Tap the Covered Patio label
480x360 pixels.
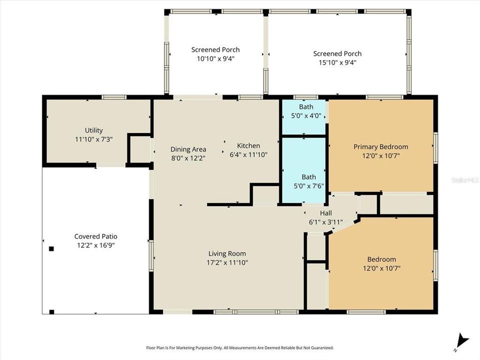[x=95, y=236]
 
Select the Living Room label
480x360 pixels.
[x=227, y=253]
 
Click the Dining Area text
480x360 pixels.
[x=188, y=149]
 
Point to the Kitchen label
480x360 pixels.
[x=248, y=145]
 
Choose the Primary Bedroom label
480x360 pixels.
[x=380, y=146]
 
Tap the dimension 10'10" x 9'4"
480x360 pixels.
[x=215, y=58]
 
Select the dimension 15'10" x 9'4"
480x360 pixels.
[x=337, y=62]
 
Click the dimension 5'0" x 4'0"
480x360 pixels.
[x=306, y=115]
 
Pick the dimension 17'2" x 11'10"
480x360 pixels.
[x=227, y=262]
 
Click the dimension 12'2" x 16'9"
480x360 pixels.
[x=95, y=245]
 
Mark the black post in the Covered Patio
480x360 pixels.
[x=51, y=248]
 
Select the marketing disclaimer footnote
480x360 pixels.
[x=239, y=347]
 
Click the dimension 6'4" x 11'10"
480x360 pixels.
[x=248, y=154]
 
